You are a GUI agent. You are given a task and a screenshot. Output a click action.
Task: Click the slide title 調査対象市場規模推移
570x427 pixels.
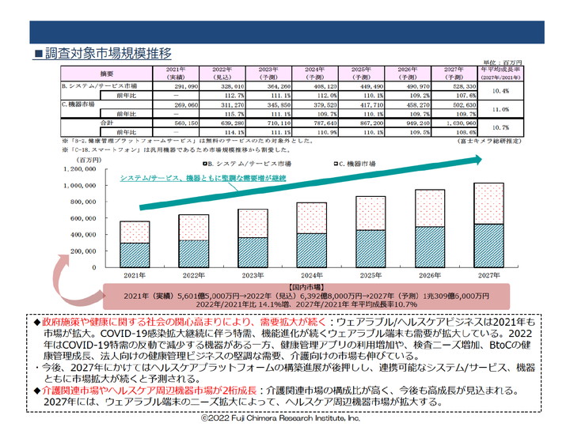[x=108, y=54]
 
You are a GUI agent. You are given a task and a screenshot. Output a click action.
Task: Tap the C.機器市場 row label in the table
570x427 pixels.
[x=79, y=104]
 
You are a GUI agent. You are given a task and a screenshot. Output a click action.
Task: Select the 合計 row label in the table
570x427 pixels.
[x=108, y=124]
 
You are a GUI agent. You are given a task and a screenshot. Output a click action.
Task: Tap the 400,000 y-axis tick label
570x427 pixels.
[x=89, y=236]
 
